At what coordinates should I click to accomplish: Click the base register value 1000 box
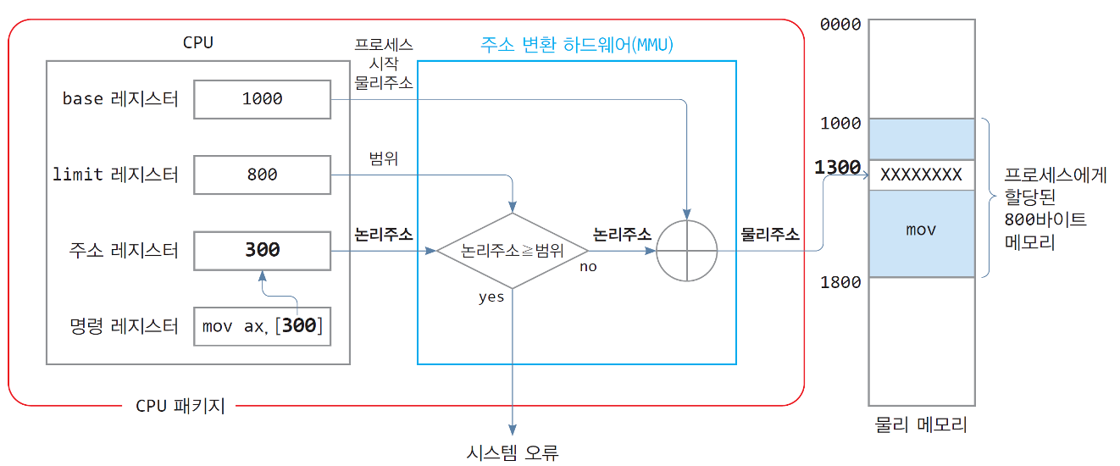click(262, 99)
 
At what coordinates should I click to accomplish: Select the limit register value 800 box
click(262, 175)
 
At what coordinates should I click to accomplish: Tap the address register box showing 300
click(262, 250)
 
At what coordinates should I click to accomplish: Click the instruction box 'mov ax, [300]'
click(262, 325)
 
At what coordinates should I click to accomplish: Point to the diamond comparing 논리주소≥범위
click(512, 251)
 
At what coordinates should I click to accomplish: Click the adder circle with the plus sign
click(687, 251)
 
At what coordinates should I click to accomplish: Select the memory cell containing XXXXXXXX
click(921, 175)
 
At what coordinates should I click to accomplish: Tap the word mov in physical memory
click(921, 230)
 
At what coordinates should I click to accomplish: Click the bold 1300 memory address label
click(837, 168)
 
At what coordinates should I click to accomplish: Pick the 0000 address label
click(840, 25)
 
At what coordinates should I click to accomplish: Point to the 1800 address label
click(840, 282)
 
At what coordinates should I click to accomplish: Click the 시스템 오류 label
click(513, 452)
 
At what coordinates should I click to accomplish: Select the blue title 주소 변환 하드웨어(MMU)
click(576, 45)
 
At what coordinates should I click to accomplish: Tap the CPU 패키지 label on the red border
click(180, 406)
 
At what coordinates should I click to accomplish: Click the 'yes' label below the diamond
click(491, 297)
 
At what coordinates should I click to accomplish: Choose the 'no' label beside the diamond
click(588, 267)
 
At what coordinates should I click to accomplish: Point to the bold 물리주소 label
click(770, 234)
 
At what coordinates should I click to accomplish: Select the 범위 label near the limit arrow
click(383, 158)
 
